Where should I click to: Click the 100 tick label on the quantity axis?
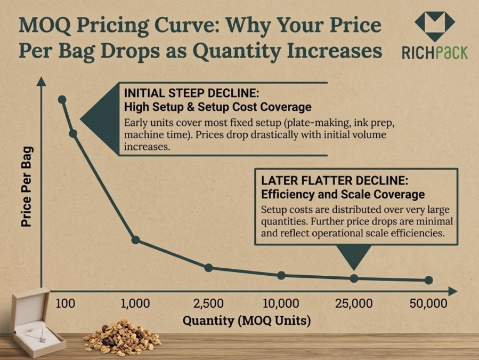(x=64, y=305)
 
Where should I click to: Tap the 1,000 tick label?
(x=135, y=305)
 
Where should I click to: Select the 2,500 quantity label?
(x=208, y=305)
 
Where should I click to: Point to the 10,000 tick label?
(x=281, y=305)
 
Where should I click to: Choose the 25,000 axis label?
(x=354, y=305)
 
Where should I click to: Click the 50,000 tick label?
(x=428, y=305)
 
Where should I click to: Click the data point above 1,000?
(x=135, y=240)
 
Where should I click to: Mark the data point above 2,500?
(x=208, y=268)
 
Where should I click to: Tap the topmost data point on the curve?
(x=62, y=100)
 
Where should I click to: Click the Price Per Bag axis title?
(x=27, y=186)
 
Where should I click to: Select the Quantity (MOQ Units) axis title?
(x=246, y=321)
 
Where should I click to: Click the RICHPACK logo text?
(x=434, y=53)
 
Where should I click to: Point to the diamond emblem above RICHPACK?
(x=435, y=26)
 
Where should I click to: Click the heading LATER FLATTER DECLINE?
(x=335, y=179)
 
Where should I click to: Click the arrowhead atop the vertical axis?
(x=41, y=82)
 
